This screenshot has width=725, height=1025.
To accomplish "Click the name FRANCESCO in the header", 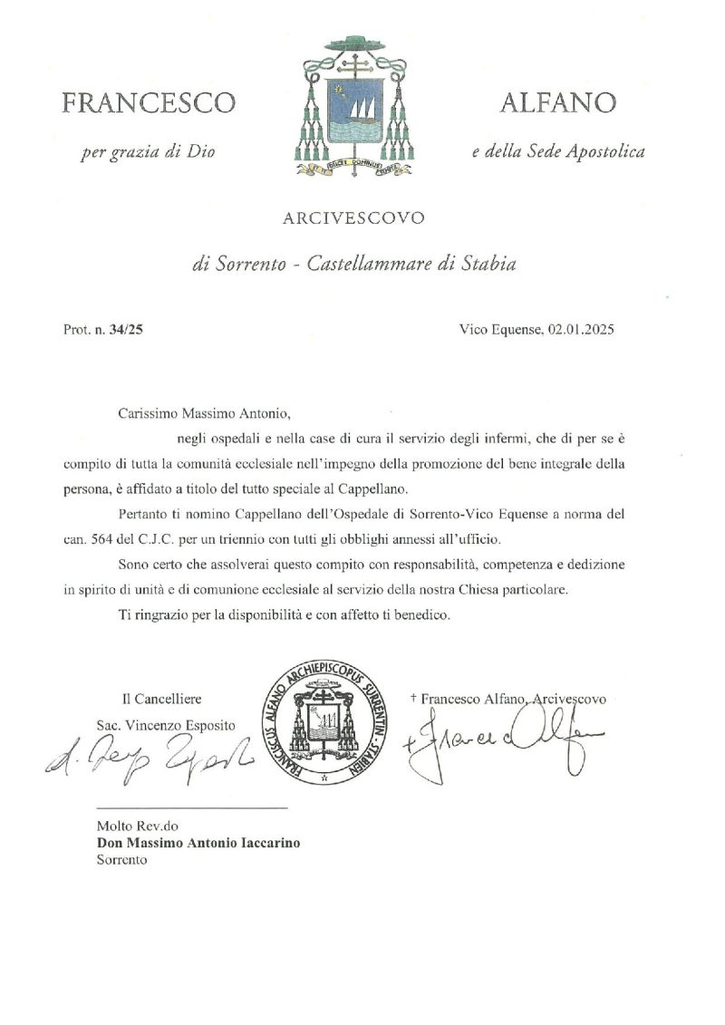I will tap(149, 103).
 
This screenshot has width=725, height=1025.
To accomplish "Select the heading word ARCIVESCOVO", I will tap(353, 218).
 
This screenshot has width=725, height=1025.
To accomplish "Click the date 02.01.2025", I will tap(581, 330).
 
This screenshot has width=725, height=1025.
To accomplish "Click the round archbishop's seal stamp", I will tap(328, 722).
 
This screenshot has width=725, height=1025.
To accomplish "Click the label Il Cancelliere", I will tap(162, 699).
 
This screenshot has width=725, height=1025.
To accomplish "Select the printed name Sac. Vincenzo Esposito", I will tap(166, 725).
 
